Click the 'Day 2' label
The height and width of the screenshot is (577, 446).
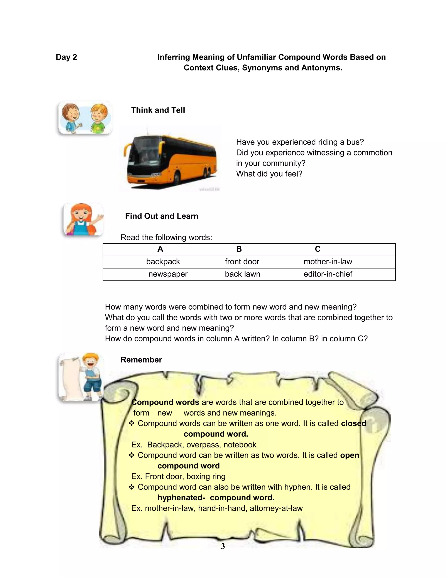click(66, 57)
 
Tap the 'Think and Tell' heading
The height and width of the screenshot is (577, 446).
click(158, 110)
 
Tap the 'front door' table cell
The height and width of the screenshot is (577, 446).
click(242, 262)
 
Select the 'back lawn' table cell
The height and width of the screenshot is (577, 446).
click(243, 274)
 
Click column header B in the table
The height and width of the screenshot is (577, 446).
click(239, 249)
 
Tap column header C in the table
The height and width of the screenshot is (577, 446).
click(318, 249)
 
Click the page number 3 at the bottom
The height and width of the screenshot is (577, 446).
click(223, 546)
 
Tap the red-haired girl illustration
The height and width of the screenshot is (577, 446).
click(83, 219)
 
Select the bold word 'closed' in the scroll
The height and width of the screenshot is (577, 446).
click(353, 423)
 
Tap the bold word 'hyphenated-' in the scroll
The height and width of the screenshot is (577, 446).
click(181, 498)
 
